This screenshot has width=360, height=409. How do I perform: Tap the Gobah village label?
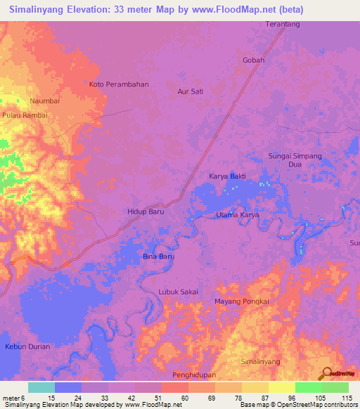(253, 60)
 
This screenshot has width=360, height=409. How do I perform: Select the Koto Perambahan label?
(119, 84)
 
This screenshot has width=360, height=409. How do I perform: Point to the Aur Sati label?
(190, 91)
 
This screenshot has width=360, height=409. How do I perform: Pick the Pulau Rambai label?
(25, 115)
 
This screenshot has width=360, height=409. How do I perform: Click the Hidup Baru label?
(146, 211)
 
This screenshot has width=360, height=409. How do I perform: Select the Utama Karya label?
(238, 215)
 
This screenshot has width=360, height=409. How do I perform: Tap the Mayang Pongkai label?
(241, 301)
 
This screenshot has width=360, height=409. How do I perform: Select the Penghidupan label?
(194, 377)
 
